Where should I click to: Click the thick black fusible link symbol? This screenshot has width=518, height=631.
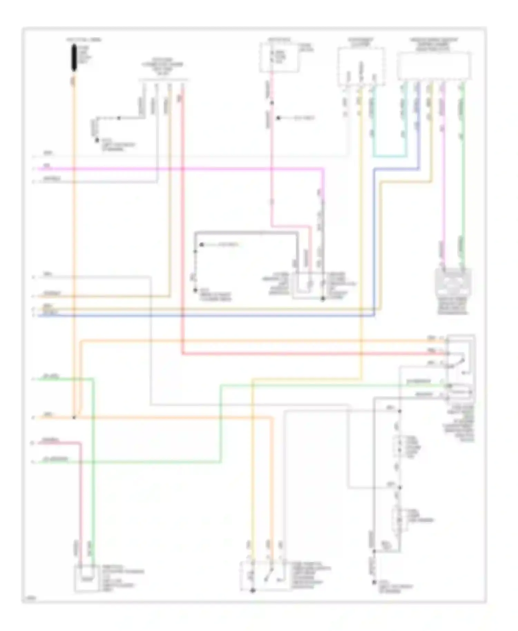point(74,58)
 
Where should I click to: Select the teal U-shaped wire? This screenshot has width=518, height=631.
point(390,156)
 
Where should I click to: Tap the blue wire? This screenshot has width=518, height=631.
point(207,315)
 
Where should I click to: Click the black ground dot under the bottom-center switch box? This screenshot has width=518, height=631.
point(252,590)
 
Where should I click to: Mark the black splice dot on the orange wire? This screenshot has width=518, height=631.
point(74,417)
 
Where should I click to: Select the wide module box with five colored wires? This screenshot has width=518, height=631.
point(434,66)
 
